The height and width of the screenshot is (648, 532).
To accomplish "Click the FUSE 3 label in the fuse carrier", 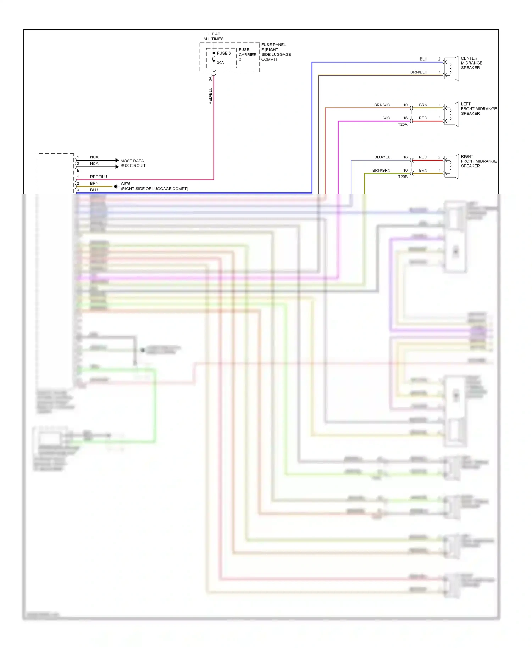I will point(223,53).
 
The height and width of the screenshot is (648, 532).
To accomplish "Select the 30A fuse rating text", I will point(220,63).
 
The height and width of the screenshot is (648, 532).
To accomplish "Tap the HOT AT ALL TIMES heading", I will point(213,37).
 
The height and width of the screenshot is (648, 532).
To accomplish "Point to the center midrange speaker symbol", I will point(451,68).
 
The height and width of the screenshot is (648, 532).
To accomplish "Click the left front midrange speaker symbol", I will point(451,114).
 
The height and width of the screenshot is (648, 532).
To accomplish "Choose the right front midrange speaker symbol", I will point(451,167).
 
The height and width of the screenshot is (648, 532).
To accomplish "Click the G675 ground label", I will point(126,184).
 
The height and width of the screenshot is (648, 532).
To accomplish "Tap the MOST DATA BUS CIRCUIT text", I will point(133,163).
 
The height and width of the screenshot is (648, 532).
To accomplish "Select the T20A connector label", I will point(403,125).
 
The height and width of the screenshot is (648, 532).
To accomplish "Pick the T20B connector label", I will point(403,177).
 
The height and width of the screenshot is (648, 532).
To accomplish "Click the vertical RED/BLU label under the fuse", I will point(210,96).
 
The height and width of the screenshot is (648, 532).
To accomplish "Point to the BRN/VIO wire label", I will point(382,105).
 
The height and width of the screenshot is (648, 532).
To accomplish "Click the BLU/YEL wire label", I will point(382,157).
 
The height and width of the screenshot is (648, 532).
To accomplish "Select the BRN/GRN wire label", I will point(381,170).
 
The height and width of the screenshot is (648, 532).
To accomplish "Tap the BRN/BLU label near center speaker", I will point(419,72).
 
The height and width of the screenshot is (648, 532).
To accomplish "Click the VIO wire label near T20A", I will point(387,118).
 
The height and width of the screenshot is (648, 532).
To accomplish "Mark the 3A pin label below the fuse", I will point(210,79).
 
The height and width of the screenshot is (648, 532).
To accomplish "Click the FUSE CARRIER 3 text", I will point(247,54).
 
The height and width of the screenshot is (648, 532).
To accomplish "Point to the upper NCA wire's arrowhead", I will point(117,160).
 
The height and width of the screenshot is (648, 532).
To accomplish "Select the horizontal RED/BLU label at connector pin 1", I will point(98,177).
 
